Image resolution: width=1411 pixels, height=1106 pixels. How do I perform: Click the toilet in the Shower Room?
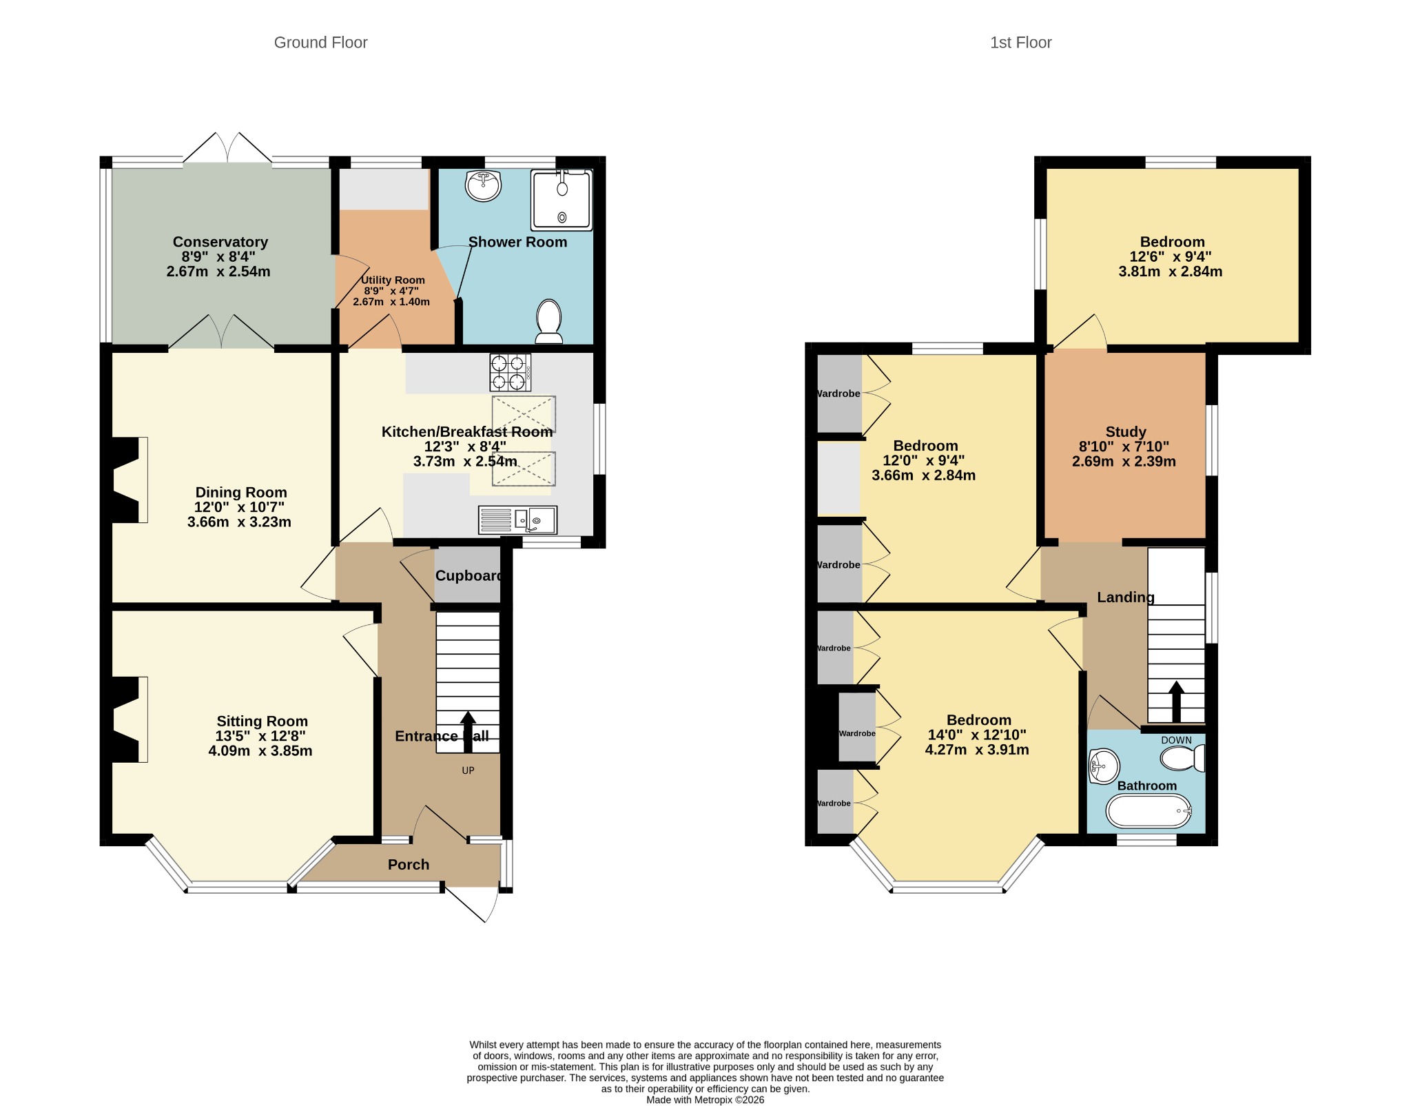coord(549,321)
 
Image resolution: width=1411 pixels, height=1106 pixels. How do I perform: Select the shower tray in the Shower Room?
coord(562,200)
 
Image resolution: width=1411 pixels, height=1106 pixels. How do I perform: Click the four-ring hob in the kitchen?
coord(511,372)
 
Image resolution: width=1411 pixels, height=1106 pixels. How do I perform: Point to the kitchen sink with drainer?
coord(517,520)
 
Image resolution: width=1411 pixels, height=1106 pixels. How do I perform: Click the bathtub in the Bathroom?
coord(1149,811)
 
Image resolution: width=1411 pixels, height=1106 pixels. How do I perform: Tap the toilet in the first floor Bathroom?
coord(1183,759)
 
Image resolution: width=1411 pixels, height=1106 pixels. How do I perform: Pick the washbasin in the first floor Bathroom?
coord(1104,766)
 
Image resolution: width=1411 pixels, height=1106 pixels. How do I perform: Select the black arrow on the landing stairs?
coord(1177,702)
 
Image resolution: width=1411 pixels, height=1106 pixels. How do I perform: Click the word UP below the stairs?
coord(468,770)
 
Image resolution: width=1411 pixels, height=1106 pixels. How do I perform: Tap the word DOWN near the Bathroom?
coord(1176,740)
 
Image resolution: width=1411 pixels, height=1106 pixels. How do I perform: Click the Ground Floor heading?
coord(321,43)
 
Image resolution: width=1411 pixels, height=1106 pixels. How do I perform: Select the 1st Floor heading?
coord(1021,43)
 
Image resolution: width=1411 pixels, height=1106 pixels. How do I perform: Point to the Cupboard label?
coord(468,576)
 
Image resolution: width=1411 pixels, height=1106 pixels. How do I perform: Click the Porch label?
coord(409,864)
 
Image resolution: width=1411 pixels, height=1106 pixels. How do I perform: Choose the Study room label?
coord(1126,432)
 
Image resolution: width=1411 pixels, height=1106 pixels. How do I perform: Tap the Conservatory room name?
coord(220,242)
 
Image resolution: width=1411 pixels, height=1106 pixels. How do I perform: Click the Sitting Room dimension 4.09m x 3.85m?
coord(260,751)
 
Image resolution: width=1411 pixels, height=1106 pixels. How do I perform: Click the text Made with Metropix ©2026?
coord(705,1100)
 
